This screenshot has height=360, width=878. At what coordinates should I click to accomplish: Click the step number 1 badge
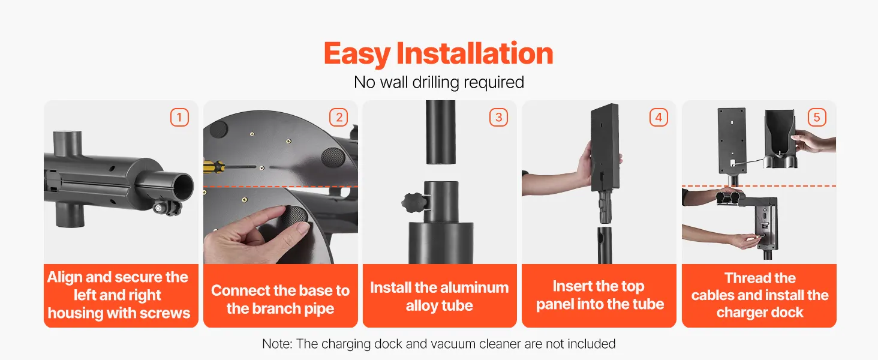pyautogui.click(x=179, y=117)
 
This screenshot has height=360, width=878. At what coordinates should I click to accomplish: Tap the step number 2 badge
pyautogui.click(x=339, y=117)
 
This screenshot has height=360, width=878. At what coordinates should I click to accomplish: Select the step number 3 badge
pyautogui.click(x=498, y=117)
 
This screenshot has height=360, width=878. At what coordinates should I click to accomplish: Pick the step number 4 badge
pyautogui.click(x=659, y=117)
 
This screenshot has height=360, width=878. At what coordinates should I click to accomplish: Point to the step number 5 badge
pyautogui.click(x=817, y=117)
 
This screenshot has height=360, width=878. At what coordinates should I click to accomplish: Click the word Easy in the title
pyautogui.click(x=357, y=54)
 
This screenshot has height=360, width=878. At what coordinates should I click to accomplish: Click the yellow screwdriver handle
pyautogui.click(x=214, y=167)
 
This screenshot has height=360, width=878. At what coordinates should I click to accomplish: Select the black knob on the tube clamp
pyautogui.click(x=413, y=203)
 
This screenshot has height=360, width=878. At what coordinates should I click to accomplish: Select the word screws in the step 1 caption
pyautogui.click(x=164, y=313)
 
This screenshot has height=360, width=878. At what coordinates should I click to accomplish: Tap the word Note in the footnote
pyautogui.click(x=277, y=344)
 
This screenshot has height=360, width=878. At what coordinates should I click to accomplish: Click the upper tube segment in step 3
pyautogui.click(x=441, y=132)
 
